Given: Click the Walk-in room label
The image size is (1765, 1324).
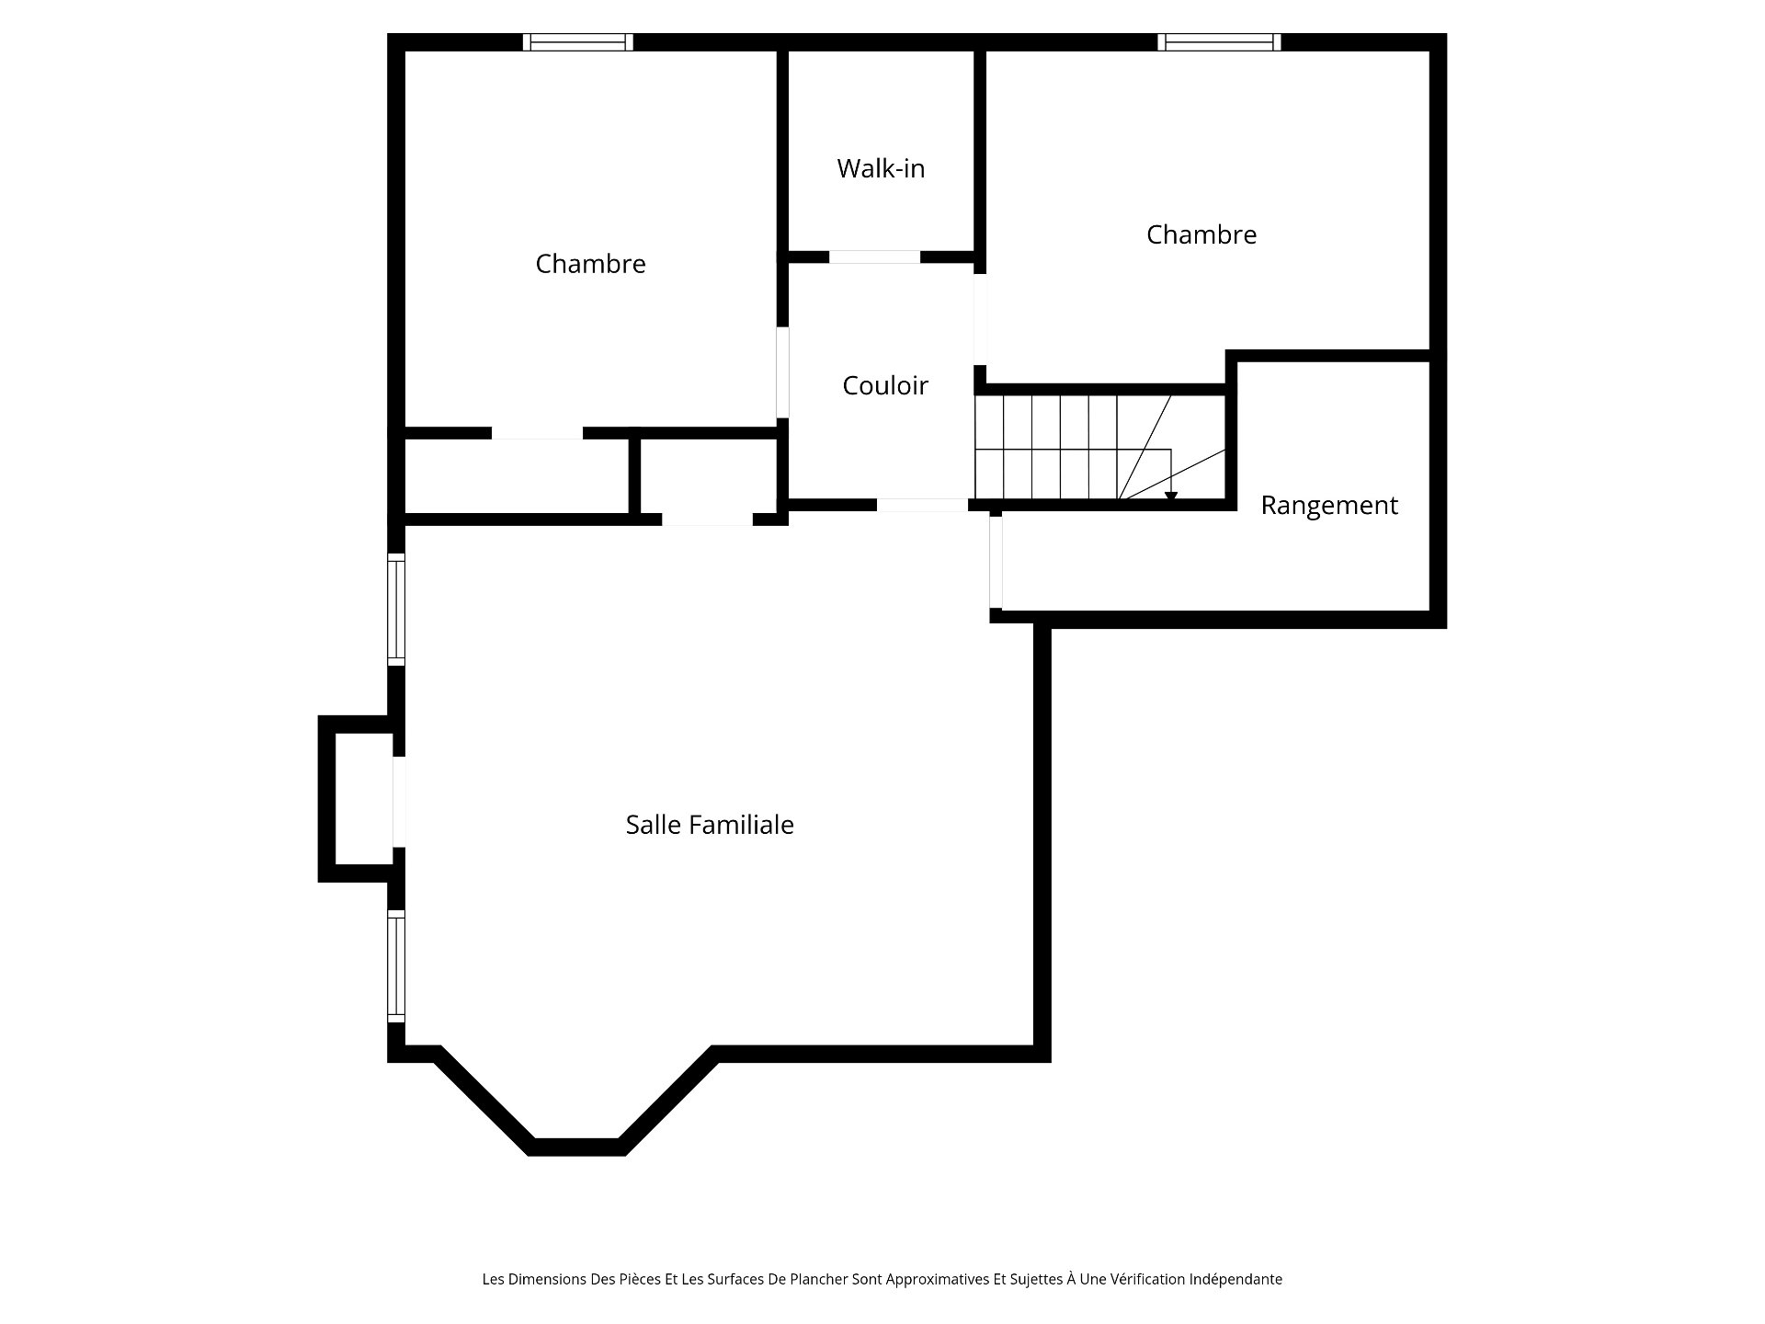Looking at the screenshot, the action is click(x=881, y=168).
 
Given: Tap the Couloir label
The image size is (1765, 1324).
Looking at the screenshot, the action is click(x=885, y=385).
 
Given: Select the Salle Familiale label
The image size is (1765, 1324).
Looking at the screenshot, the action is click(x=710, y=825).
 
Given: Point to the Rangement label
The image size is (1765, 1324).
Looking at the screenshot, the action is click(x=1329, y=506).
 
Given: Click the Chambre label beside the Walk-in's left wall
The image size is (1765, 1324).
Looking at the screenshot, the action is click(x=590, y=264).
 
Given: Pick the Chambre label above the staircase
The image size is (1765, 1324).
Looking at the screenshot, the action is click(x=1201, y=234).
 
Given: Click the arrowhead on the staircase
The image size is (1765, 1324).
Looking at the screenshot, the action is click(x=1171, y=497).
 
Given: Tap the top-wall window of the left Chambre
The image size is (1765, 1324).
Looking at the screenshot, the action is click(x=578, y=41).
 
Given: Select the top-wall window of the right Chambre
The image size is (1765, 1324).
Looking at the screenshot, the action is click(x=1219, y=41).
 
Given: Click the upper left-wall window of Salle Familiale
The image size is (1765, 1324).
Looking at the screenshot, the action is click(x=396, y=609).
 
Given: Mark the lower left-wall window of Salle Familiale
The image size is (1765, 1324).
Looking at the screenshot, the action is click(x=396, y=965).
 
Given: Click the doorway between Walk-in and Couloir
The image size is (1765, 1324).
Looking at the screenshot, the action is click(x=874, y=257).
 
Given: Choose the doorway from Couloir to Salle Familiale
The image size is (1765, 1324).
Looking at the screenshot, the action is click(x=922, y=505).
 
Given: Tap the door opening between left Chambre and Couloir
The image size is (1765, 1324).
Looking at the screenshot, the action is click(x=782, y=372).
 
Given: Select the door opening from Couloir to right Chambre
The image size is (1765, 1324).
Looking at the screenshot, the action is click(x=980, y=319).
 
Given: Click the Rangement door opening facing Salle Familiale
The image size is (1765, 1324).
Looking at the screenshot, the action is click(x=996, y=562).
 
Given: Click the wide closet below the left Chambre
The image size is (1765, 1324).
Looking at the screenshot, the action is click(x=517, y=476).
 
